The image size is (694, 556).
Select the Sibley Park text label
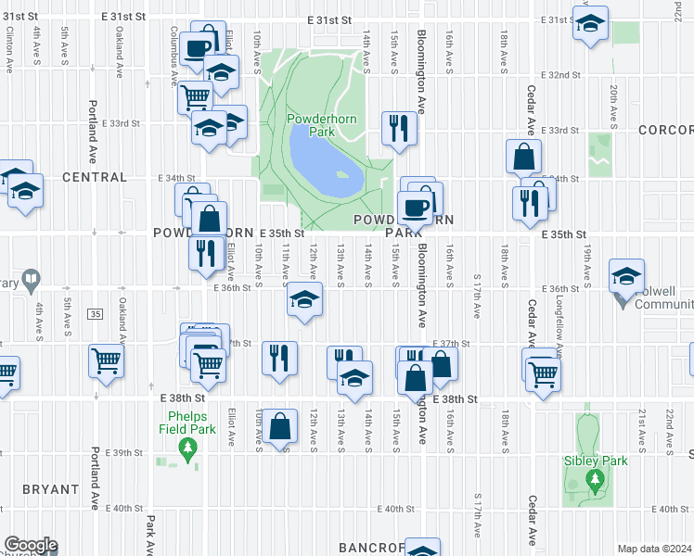[x=596, y=461]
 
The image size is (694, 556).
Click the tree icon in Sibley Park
[x=595, y=480]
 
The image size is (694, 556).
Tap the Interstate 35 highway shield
[x=96, y=315]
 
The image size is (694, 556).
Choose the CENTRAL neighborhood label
[x=94, y=176]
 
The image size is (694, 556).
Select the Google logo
[x=30, y=545]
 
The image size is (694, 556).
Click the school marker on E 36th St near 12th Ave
[x=303, y=299]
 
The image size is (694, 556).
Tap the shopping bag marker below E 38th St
[x=279, y=426]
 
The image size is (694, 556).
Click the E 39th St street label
[x=127, y=453]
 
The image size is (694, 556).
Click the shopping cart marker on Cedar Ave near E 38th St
[x=544, y=373]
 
